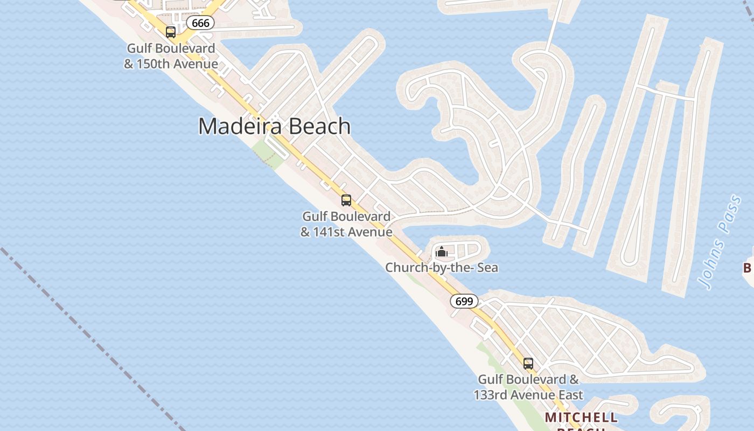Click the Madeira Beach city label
point(275,126)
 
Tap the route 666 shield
point(200,23)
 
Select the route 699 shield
point(464,301)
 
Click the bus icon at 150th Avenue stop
point(171,32)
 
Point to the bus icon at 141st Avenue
point(346,200)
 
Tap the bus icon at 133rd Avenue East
point(528,364)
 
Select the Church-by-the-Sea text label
point(442,267)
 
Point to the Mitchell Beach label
point(581,418)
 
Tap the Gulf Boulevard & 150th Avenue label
point(171,56)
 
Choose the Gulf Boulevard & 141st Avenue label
point(346,224)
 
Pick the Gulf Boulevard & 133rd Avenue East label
point(528,387)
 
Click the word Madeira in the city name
point(242,126)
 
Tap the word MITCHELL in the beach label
point(581,418)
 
